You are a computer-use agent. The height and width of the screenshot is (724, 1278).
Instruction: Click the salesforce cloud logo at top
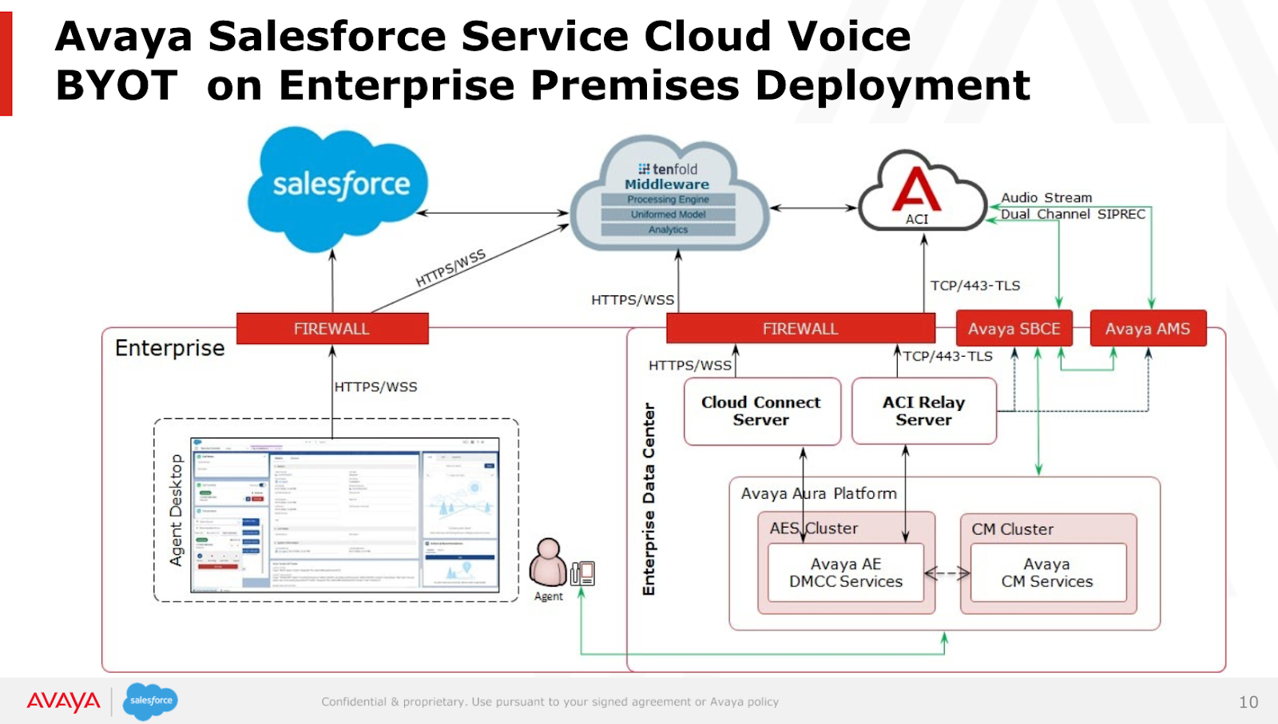click(x=339, y=188)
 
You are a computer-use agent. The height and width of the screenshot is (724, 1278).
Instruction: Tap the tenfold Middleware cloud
click(x=669, y=196)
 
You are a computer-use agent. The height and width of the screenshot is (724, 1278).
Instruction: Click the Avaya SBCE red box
click(x=1014, y=329)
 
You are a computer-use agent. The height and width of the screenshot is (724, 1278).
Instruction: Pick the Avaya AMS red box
click(x=1147, y=329)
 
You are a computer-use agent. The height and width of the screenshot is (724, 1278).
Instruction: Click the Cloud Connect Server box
click(x=761, y=411)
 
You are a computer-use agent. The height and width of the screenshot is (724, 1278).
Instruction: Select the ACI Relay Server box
click(x=923, y=411)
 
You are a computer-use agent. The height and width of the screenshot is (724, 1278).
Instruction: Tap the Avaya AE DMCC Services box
click(x=845, y=573)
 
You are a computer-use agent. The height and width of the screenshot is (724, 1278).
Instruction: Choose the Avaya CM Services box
click(x=1047, y=573)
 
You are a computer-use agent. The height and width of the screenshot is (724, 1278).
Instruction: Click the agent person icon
click(x=548, y=563)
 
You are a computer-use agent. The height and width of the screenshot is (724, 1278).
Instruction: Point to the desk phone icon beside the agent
click(x=583, y=572)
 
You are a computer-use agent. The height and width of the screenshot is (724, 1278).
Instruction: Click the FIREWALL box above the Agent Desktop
click(x=331, y=329)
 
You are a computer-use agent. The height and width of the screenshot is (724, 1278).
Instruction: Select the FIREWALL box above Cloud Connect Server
click(x=800, y=329)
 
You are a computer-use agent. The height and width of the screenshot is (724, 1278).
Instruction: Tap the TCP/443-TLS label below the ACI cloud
click(x=974, y=286)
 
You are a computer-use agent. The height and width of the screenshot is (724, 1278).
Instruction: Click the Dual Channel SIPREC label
click(x=1073, y=215)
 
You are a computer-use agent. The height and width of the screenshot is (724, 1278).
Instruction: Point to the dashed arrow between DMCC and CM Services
click(x=947, y=573)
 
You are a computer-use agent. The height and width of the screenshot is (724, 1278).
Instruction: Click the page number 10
click(x=1248, y=702)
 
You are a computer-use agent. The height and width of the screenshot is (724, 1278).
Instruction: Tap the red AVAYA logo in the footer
click(x=64, y=702)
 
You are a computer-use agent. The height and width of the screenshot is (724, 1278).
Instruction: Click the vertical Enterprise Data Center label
click(x=649, y=499)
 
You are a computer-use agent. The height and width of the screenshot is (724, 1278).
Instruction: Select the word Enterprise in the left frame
click(x=169, y=348)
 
